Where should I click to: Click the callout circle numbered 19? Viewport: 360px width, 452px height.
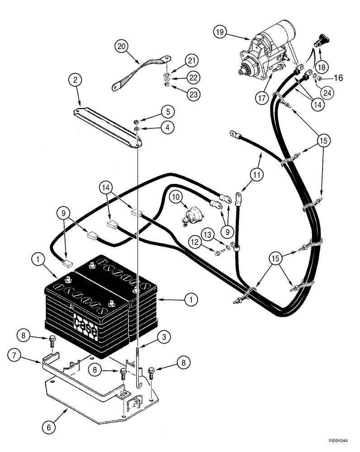[x=220, y=32]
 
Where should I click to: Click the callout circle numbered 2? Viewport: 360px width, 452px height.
[x=76, y=80]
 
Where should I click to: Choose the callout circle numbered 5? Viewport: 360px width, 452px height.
[x=155, y=111]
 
